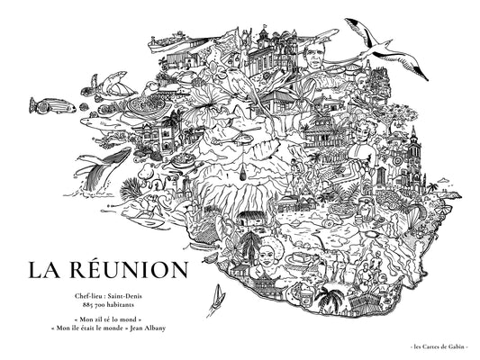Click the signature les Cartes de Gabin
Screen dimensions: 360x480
[436, 346]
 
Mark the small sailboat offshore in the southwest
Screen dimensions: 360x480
[215, 297]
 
